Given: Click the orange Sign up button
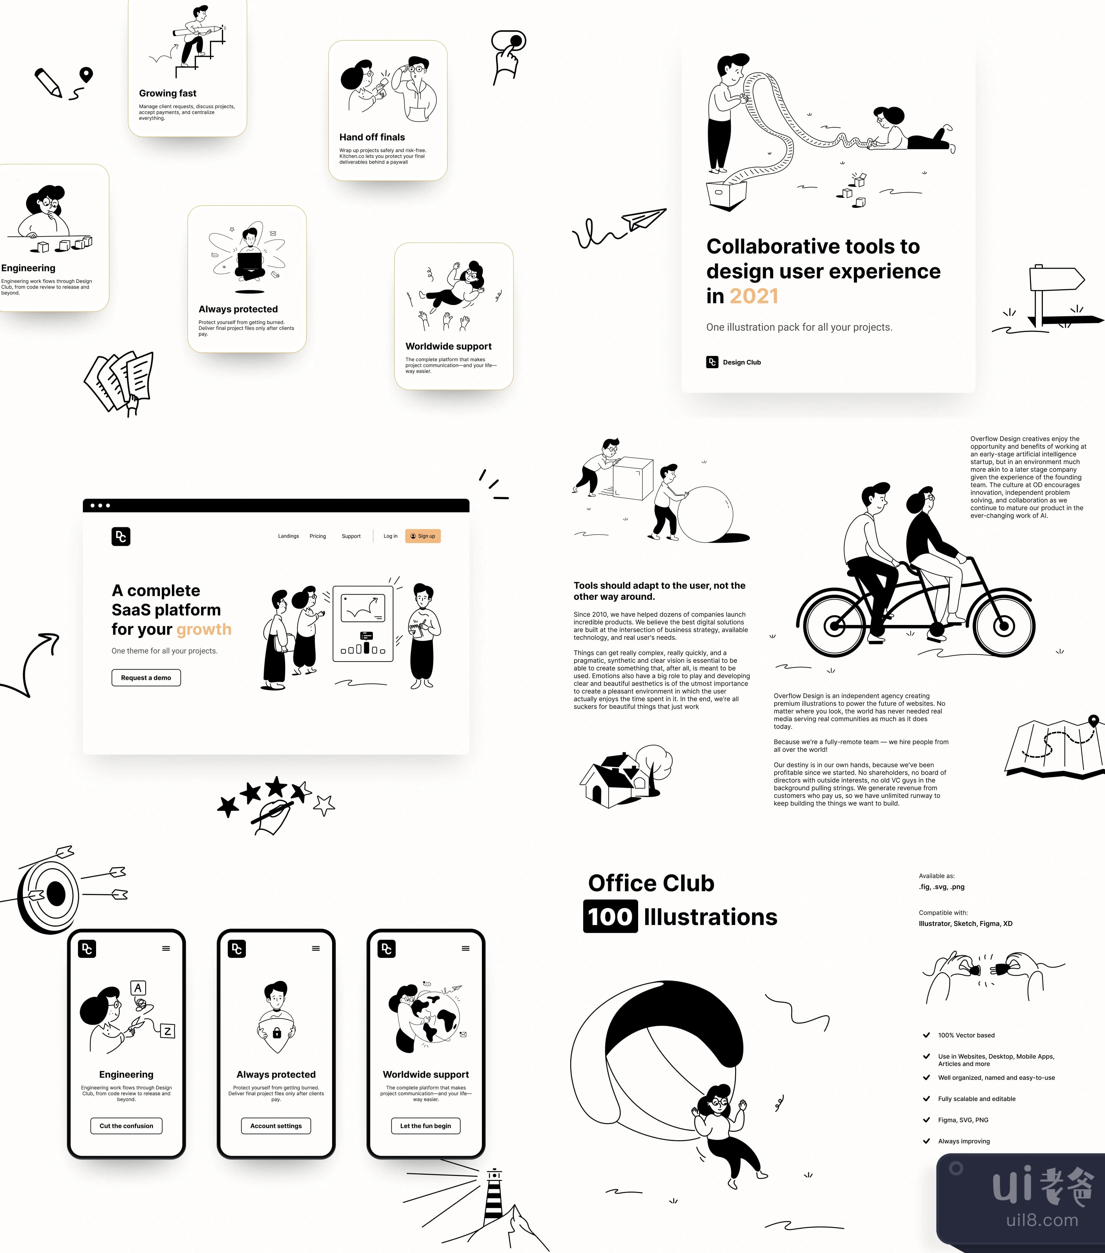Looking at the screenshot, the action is tap(423, 537).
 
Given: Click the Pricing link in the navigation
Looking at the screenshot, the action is tap(318, 537).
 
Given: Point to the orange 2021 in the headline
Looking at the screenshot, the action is tap(754, 296).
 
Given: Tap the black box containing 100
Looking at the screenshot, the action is tap(610, 916).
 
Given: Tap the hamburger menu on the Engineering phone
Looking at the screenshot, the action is tap(166, 948).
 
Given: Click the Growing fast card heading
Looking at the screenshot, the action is tap(168, 93).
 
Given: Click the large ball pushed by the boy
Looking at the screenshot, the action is tap(706, 514).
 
